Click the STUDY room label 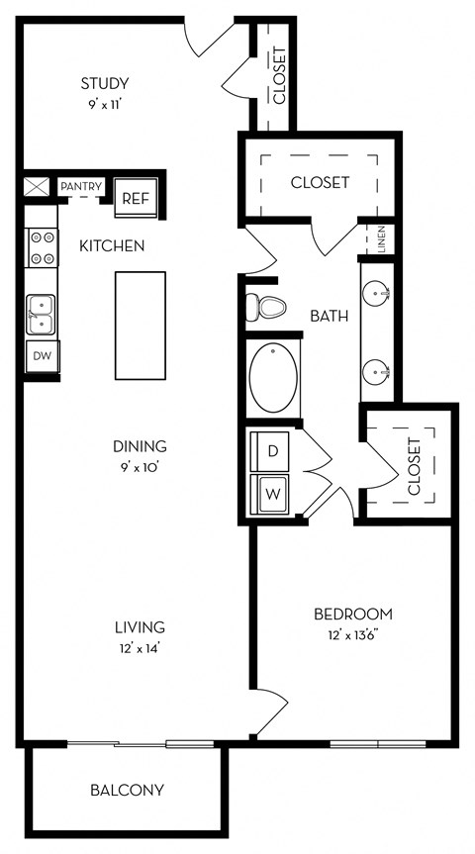[x=105, y=84]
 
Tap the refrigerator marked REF [x=136, y=198]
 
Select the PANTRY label [x=81, y=187]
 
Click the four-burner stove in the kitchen [x=42, y=247]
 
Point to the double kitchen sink [x=41, y=315]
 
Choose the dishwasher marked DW [x=42, y=356]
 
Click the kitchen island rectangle [x=140, y=326]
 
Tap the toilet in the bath [x=266, y=308]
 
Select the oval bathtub [x=273, y=377]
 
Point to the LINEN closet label [x=382, y=239]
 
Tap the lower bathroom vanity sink [x=376, y=372]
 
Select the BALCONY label [x=127, y=790]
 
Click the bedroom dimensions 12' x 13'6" [x=353, y=634]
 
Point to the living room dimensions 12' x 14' [x=140, y=648]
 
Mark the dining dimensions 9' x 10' [x=140, y=467]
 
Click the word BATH [x=329, y=316]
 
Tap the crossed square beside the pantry [x=37, y=187]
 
